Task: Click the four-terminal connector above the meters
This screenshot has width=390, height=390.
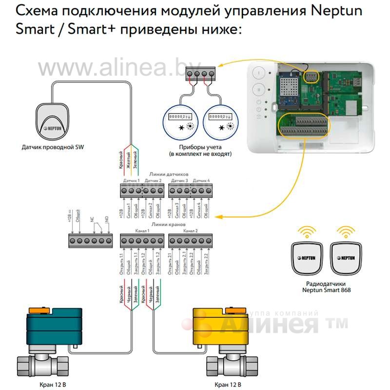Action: pos(202,75)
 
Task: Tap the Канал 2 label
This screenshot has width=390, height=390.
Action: pos(192,230)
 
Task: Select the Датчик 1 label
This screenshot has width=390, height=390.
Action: pos(131,180)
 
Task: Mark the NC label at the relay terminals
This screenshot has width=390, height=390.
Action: pos(92,220)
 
